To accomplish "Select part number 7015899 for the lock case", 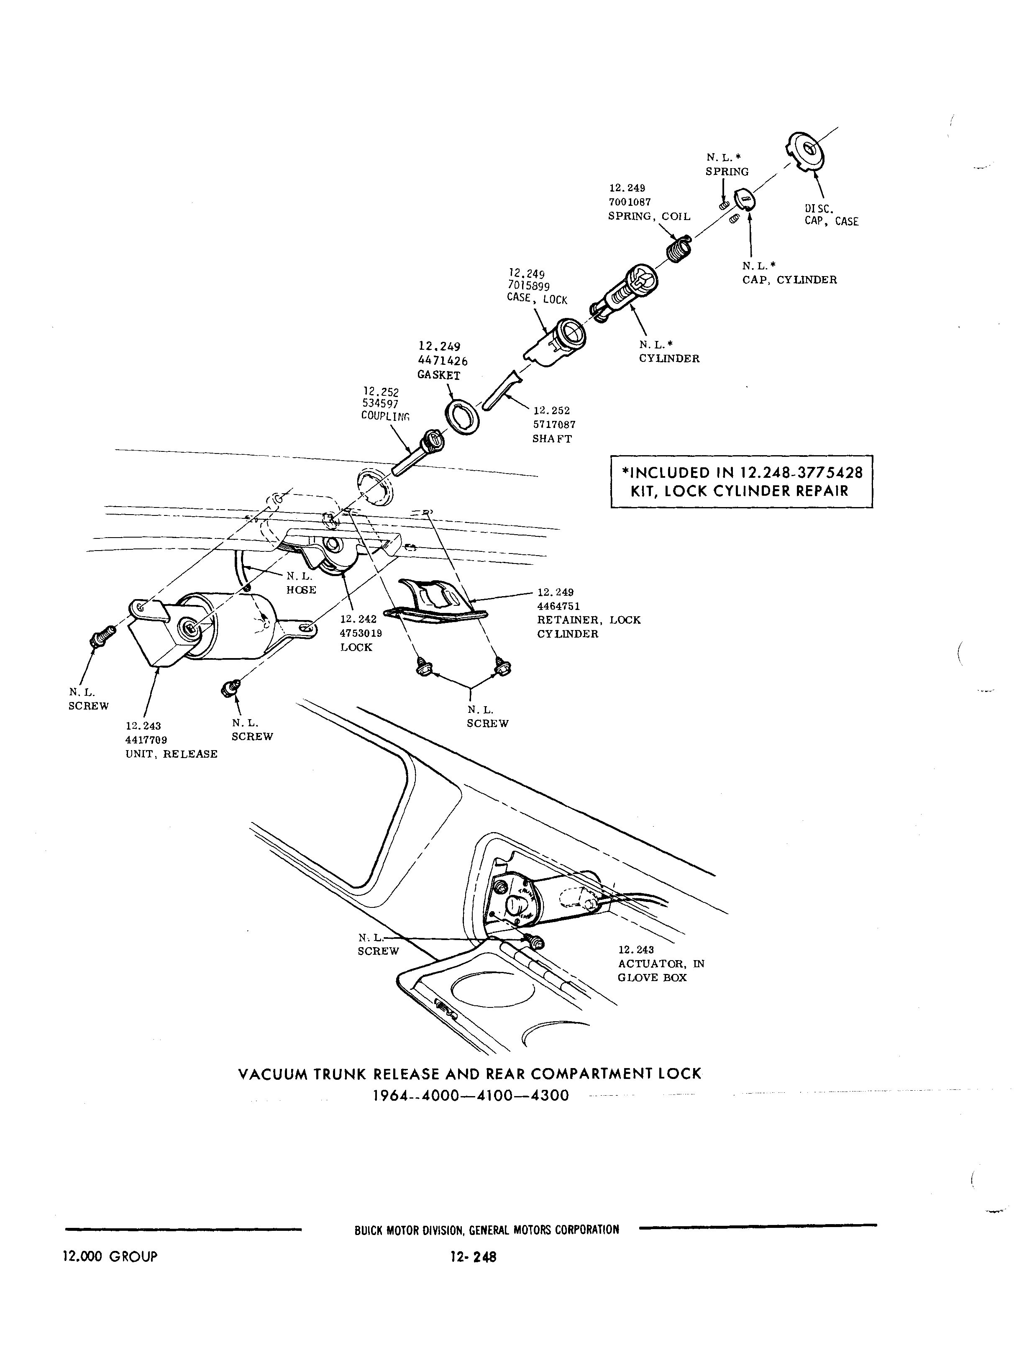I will pyautogui.click(x=528, y=286).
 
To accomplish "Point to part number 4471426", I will pyautogui.click(x=442, y=361).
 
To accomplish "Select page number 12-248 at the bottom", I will pyautogui.click(x=473, y=1257).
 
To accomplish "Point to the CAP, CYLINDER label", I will pyautogui.click(x=789, y=280).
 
